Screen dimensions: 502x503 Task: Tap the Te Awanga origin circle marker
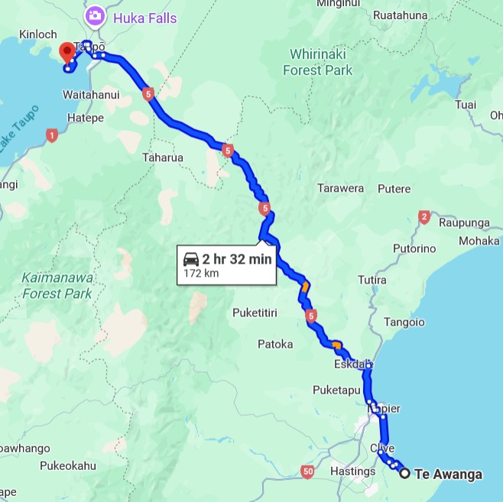click(405, 473)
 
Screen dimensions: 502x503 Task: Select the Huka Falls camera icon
click(96, 15)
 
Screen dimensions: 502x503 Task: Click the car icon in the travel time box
click(191, 259)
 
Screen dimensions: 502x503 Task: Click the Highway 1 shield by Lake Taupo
click(52, 135)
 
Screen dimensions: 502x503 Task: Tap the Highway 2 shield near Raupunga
click(424, 219)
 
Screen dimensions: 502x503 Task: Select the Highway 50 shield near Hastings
click(307, 471)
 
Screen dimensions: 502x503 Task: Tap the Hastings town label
click(353, 471)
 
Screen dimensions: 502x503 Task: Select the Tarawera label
click(341, 189)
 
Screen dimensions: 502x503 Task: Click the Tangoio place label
click(403, 322)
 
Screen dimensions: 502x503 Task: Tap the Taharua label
click(163, 158)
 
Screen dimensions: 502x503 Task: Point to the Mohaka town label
click(479, 241)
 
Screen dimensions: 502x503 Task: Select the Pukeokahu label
click(68, 465)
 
